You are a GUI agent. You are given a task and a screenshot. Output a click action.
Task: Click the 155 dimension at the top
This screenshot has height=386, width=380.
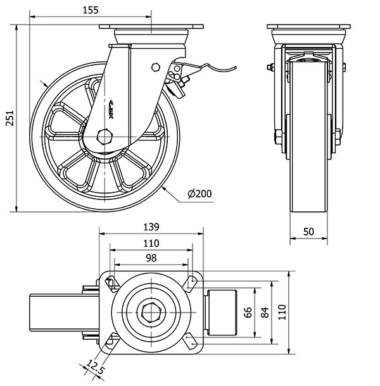click(91, 9)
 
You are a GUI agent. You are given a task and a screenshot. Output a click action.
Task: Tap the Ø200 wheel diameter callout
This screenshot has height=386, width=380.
click(199, 194)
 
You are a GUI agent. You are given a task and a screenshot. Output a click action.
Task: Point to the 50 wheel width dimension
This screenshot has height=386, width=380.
click(308, 231)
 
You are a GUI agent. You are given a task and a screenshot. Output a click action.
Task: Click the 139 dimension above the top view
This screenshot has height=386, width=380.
click(150, 227)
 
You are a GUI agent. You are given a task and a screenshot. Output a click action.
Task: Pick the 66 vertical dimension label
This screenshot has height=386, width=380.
click(248, 312)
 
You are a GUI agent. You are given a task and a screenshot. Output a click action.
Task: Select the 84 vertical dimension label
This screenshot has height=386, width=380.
click(265, 312)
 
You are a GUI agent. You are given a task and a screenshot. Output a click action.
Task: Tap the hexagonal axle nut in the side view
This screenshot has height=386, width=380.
click(105, 136)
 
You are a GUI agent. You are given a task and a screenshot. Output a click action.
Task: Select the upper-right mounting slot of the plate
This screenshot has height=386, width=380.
click(191, 280)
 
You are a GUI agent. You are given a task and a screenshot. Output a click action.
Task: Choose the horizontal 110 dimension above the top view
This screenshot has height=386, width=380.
click(150, 243)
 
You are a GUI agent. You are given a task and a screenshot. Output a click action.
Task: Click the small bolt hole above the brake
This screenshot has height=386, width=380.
click(156, 67)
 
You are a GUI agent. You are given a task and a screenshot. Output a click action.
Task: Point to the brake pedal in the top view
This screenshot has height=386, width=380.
click(222, 312)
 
